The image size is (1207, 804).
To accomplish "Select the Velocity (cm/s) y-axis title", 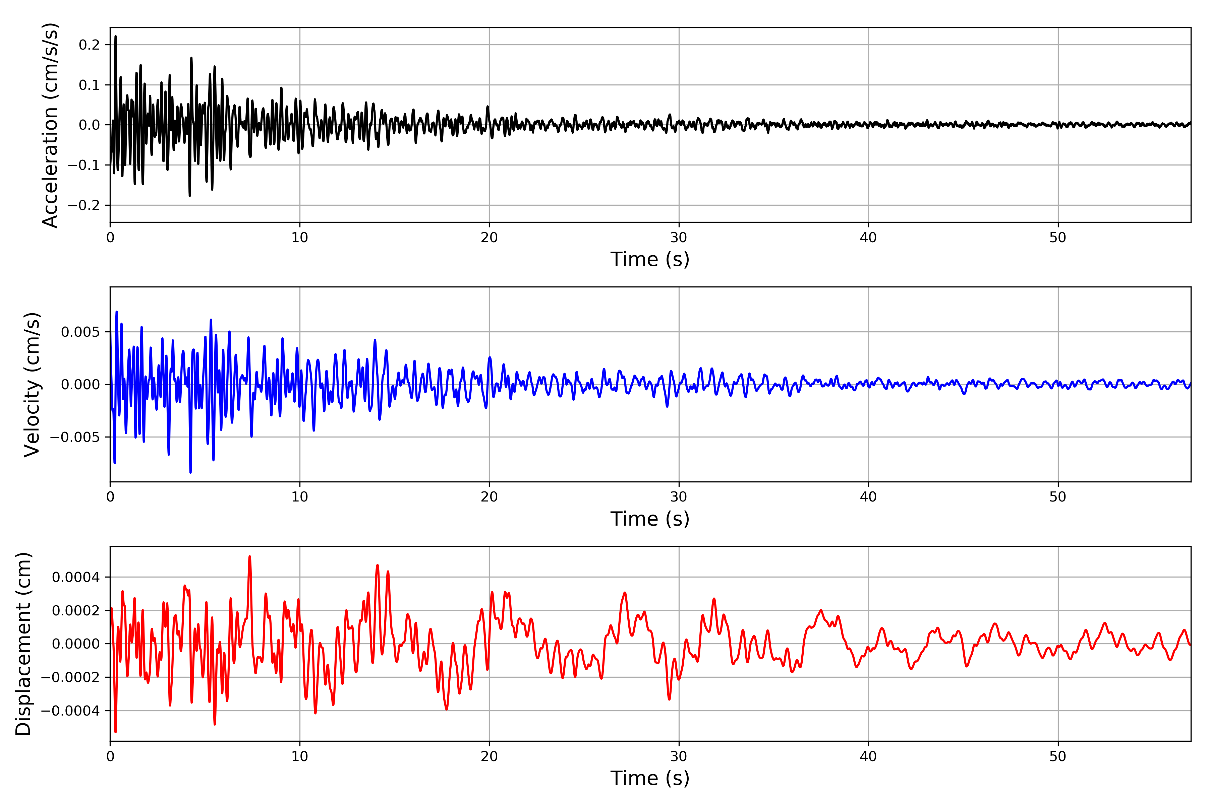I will point(32,385).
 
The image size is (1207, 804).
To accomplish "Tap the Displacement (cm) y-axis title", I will point(23,644).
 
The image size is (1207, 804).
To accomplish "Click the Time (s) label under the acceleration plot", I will point(650,259).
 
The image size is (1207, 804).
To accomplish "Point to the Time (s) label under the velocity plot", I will point(650,519).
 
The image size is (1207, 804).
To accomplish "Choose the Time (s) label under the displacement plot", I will point(650,778).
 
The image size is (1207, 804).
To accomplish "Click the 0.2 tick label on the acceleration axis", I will point(89,45).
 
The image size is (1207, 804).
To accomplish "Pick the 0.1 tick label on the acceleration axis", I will point(89,85).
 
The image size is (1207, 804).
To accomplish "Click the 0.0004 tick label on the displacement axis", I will point(76,577).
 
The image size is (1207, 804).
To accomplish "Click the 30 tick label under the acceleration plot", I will point(678,238).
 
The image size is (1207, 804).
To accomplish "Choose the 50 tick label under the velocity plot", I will point(1058,497).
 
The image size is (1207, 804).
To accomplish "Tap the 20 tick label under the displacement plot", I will point(489,756).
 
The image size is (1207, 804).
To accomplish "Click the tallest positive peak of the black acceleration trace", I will point(115,37).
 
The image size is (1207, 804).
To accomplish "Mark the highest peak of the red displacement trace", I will point(249,556).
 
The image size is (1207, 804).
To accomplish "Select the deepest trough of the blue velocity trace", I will point(190,472).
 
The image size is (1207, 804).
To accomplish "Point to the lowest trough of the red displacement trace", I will point(115,732).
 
